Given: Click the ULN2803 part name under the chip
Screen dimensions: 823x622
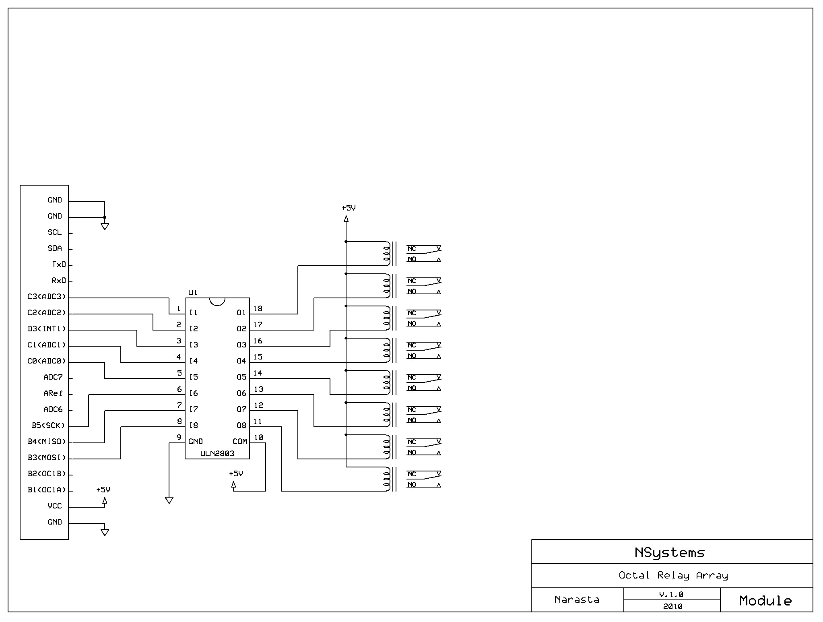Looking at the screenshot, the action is point(217,454).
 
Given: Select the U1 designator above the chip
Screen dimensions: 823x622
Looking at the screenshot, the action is point(193,293).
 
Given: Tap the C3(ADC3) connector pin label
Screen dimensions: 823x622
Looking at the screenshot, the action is point(46,297).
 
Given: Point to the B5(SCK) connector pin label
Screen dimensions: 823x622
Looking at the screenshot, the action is point(48,426).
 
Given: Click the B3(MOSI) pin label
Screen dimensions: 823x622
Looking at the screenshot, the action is point(46,458).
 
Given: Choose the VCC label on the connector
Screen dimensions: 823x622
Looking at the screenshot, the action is point(55,506).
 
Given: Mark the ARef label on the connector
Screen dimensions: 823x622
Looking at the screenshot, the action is point(53,393).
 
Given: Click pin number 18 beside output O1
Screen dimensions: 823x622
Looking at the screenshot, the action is point(258,309).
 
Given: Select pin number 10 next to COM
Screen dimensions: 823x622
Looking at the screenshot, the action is point(258,438).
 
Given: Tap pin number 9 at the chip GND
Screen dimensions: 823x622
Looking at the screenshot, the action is point(179,438).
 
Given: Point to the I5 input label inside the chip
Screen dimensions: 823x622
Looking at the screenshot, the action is point(194,377).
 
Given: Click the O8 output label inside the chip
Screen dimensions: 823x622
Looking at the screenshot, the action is point(241,426).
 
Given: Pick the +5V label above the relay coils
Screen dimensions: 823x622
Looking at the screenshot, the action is point(349,208).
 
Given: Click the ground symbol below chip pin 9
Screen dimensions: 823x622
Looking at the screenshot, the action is point(169,500).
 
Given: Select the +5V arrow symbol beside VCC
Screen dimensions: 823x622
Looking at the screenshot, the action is point(105,501).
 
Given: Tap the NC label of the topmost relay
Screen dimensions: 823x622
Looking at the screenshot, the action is point(411,249).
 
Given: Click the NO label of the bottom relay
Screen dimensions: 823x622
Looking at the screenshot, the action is point(411,485).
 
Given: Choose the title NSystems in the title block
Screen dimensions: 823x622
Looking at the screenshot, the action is point(670,553).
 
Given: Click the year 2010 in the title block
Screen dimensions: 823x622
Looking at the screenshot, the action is point(672,606).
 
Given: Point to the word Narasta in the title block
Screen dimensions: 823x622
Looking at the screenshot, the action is point(577,599).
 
